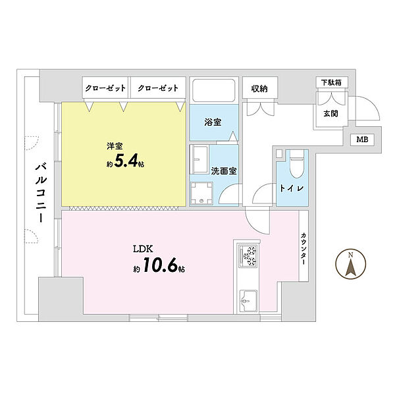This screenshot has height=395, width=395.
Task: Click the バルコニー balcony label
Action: tap(39, 192)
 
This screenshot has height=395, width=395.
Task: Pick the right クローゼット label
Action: tap(157, 87)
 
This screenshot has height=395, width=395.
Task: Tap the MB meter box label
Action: tap(362, 140)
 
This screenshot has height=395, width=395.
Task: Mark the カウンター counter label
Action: tap(303, 250)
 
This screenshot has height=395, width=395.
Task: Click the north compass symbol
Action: tap(350, 265)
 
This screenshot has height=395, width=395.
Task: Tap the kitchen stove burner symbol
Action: tap(250, 255)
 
